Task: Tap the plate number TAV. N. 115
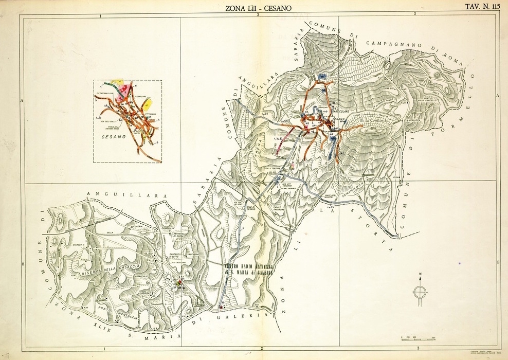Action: coord(482,7)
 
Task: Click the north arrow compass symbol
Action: coord(420,291)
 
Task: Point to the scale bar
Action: coord(418,340)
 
